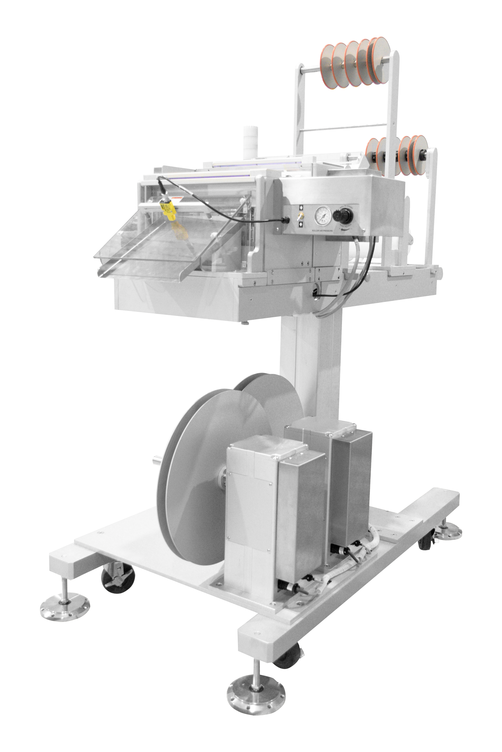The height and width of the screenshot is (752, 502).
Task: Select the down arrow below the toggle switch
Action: point(301,225)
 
